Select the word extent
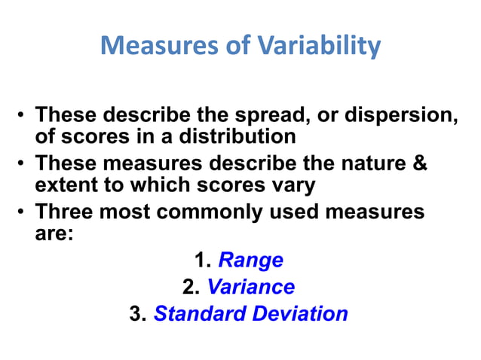[x=69, y=185]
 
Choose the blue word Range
[x=250, y=261]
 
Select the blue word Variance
[x=250, y=287]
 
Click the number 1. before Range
[x=202, y=261]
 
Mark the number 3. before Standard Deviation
[x=137, y=314]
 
